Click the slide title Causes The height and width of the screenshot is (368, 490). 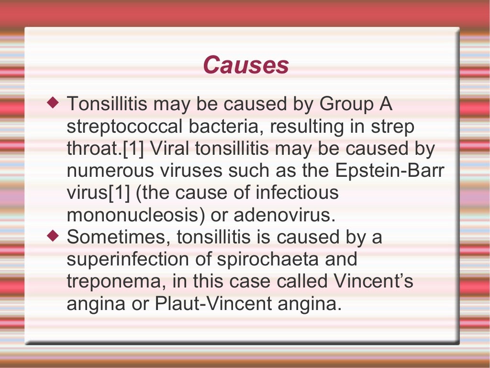(x=245, y=65)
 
